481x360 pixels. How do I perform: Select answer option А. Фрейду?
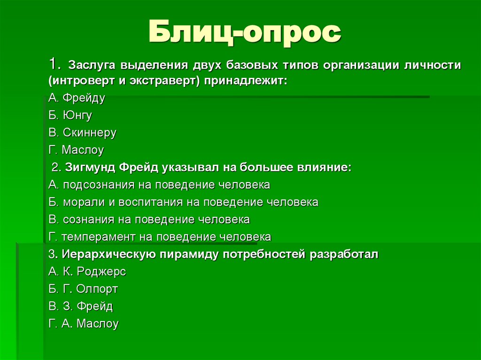point(77,98)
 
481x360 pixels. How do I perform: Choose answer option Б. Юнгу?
point(70,115)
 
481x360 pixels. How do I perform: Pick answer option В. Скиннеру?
point(82,133)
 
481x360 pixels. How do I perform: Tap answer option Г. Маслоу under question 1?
point(76,150)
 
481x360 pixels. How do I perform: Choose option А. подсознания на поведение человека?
point(159,185)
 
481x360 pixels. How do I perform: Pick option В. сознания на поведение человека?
point(149,220)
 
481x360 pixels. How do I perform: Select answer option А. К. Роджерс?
point(87,272)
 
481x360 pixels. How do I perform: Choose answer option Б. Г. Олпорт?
point(83,289)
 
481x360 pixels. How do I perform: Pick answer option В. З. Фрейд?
point(81,306)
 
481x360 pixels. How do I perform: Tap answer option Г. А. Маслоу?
point(84,324)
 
